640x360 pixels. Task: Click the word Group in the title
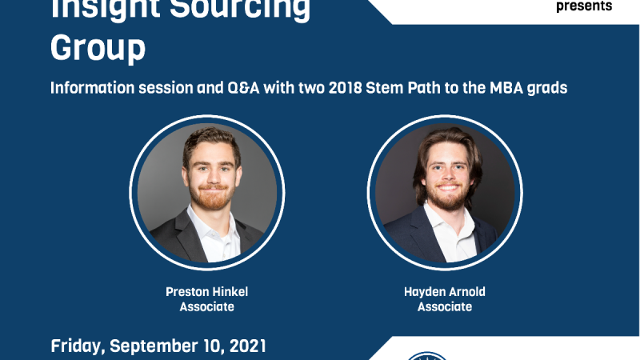pyautogui.click(x=98, y=49)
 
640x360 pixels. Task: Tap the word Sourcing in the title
pyautogui.click(x=240, y=8)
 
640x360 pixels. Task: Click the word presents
pyautogui.click(x=584, y=6)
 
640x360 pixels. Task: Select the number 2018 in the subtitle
pyautogui.click(x=345, y=88)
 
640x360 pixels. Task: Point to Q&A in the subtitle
pyautogui.click(x=243, y=88)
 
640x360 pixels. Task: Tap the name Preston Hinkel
pyautogui.click(x=207, y=292)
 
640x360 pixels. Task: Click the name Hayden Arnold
pyautogui.click(x=445, y=292)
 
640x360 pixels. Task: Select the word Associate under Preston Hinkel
pyautogui.click(x=207, y=306)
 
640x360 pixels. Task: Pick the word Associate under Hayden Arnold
pyautogui.click(x=445, y=306)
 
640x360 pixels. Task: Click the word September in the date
pyautogui.click(x=166, y=346)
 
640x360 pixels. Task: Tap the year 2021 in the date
pyautogui.click(x=248, y=346)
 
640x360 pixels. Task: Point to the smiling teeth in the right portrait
pyautogui.click(x=447, y=188)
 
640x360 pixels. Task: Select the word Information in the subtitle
pyautogui.click(x=92, y=88)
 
